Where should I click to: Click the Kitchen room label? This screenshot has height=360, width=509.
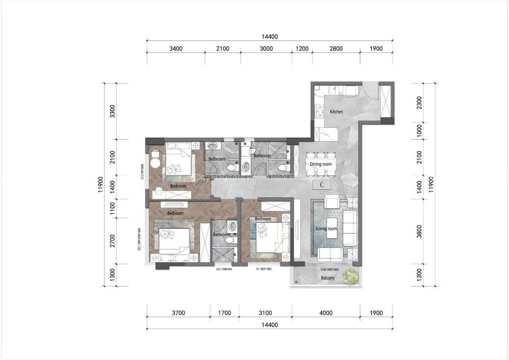tap(336, 112)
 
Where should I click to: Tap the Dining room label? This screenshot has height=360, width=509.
tap(321, 164)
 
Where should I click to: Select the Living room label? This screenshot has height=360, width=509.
tap(327, 229)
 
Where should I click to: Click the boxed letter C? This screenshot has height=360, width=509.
tap(322, 185)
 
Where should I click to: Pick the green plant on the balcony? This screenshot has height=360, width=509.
tap(350, 276)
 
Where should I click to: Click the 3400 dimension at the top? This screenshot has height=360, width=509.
tap(176, 48)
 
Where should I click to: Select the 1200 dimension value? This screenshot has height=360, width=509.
tap(302, 48)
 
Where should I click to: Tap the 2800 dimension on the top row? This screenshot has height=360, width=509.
tap(336, 48)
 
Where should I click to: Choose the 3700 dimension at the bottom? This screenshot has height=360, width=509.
tap(178, 313)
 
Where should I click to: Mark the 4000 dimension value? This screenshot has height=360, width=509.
tap(326, 313)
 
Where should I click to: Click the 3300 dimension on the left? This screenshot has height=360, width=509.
tap(112, 111)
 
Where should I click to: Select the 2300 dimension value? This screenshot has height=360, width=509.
tap(419, 102)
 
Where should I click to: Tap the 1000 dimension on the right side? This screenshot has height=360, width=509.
tap(419, 131)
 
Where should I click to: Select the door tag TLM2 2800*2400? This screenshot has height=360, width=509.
tap(329, 269)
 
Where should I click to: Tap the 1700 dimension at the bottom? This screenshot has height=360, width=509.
tap(224, 313)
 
